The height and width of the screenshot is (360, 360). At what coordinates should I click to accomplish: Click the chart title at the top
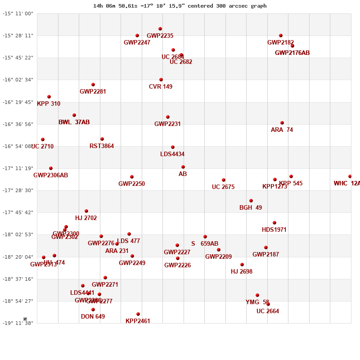point(180,6)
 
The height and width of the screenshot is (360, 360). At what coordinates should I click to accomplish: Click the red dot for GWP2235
point(160,29)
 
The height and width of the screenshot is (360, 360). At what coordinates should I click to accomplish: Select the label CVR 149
point(161,87)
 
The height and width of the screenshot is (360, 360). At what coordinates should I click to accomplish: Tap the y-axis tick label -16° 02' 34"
point(18,80)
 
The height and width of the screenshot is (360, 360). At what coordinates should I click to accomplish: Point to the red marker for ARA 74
point(282,123)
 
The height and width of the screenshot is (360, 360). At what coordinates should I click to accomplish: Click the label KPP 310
point(49,104)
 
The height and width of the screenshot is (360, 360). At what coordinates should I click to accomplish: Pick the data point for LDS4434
point(173,147)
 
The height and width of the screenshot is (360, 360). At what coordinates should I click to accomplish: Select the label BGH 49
point(251,208)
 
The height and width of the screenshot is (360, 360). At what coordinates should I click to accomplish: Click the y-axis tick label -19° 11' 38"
point(18,323)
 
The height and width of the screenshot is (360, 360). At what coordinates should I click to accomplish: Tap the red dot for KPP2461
point(138,314)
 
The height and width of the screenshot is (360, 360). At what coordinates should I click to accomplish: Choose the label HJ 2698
point(242,272)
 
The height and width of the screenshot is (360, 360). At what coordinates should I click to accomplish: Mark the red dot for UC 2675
point(224,180)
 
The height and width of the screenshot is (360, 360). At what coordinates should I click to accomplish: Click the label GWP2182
point(280,43)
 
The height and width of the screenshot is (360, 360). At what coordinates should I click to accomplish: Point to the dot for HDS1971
point(274,223)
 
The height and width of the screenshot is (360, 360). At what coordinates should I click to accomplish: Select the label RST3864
point(102,146)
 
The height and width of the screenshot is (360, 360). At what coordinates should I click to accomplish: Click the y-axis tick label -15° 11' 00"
point(18,13)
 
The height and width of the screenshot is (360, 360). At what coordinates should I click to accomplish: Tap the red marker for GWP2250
point(132,177)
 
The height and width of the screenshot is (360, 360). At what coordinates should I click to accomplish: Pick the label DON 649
point(93,317)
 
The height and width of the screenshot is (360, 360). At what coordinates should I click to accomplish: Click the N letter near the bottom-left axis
point(25,319)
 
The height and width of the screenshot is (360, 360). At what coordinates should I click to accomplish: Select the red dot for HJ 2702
point(86,211)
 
